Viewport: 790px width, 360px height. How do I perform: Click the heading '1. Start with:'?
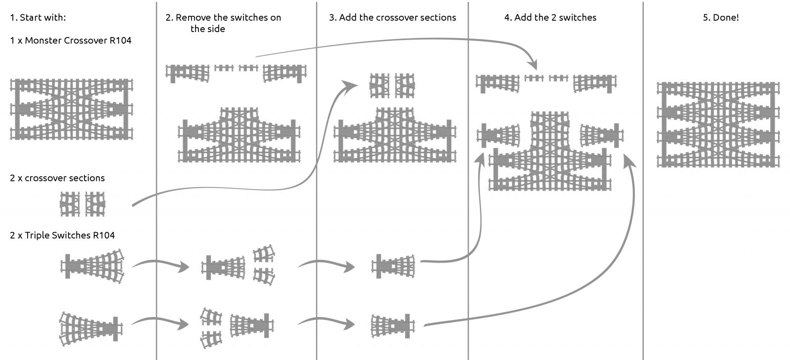(x=38, y=18)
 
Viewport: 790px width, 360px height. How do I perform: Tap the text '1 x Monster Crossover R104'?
(x=71, y=40)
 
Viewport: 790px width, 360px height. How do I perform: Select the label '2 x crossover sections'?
(x=57, y=178)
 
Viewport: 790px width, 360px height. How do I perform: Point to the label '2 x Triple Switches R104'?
(x=62, y=236)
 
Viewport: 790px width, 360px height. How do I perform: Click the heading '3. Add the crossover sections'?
(x=393, y=18)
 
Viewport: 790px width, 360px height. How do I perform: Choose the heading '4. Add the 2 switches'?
(x=550, y=18)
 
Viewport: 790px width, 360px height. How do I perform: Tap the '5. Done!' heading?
(x=720, y=18)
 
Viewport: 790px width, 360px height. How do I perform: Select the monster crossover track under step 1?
(x=72, y=109)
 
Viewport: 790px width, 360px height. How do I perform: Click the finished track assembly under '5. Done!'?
(x=718, y=124)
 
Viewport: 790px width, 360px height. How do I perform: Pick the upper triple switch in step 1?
(x=92, y=267)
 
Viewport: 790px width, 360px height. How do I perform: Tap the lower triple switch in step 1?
(x=91, y=327)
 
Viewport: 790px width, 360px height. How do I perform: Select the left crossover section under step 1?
(x=70, y=204)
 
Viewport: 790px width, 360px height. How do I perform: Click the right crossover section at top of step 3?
(x=405, y=85)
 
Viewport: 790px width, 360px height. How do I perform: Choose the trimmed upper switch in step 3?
(x=393, y=267)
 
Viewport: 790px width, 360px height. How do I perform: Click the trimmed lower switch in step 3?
(x=393, y=326)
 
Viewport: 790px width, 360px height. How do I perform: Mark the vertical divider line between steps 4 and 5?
(x=643, y=198)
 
